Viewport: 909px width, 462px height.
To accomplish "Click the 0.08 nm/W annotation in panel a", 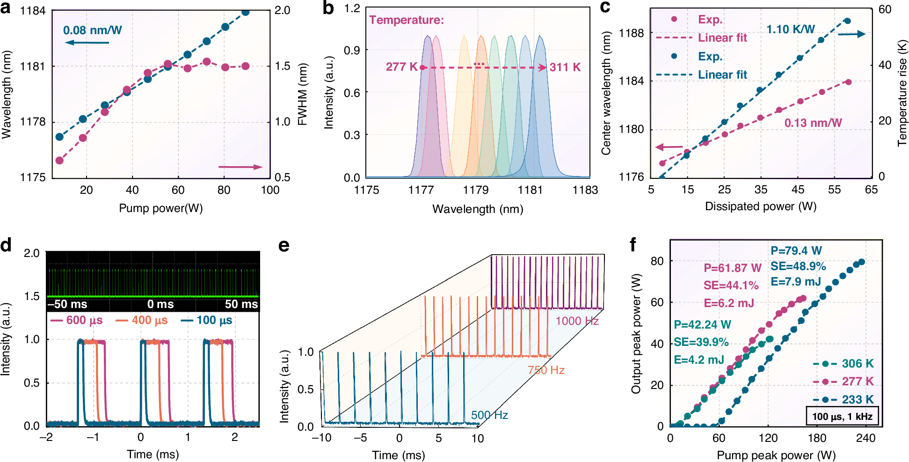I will point(92,30).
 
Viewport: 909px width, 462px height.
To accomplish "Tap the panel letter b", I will point(328,8).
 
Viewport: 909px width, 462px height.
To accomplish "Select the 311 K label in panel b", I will point(565,67).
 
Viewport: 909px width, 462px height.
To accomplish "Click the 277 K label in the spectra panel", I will point(401,67).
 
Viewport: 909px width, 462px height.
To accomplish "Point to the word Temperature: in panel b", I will point(407,20).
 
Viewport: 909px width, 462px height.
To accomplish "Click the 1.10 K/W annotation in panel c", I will point(791,29).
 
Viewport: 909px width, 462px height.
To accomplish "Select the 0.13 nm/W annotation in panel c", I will point(813,123).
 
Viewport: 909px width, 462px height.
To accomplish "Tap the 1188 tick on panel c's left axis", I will point(631,33).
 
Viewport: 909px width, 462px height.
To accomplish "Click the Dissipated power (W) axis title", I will point(761,206).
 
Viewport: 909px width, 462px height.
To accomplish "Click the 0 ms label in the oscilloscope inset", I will point(160,304).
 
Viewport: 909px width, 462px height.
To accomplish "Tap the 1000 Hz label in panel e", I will point(577,321).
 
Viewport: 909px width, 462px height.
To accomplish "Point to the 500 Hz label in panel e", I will point(489,415).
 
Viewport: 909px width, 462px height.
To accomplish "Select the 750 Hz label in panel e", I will point(546,370).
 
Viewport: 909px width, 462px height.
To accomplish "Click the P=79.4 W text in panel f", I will point(796,251).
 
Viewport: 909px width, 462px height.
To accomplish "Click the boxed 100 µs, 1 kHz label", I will point(842,417).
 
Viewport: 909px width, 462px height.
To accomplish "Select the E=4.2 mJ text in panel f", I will point(699,360).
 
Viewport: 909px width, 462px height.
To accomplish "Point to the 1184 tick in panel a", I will point(33,11).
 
